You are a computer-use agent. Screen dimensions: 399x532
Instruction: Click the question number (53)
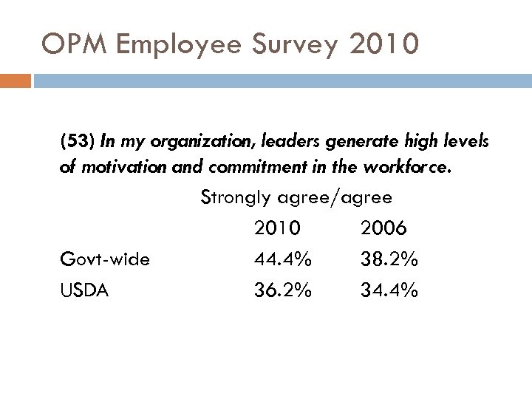tap(76, 141)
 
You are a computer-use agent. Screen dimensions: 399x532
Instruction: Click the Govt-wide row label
tap(105, 259)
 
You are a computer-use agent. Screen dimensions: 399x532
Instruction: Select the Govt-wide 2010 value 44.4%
tap(283, 259)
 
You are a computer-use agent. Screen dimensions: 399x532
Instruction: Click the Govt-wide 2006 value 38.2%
tap(389, 259)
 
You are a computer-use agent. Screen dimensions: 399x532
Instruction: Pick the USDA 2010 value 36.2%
tap(283, 290)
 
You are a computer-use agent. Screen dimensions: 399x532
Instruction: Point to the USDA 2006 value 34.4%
tap(389, 290)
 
